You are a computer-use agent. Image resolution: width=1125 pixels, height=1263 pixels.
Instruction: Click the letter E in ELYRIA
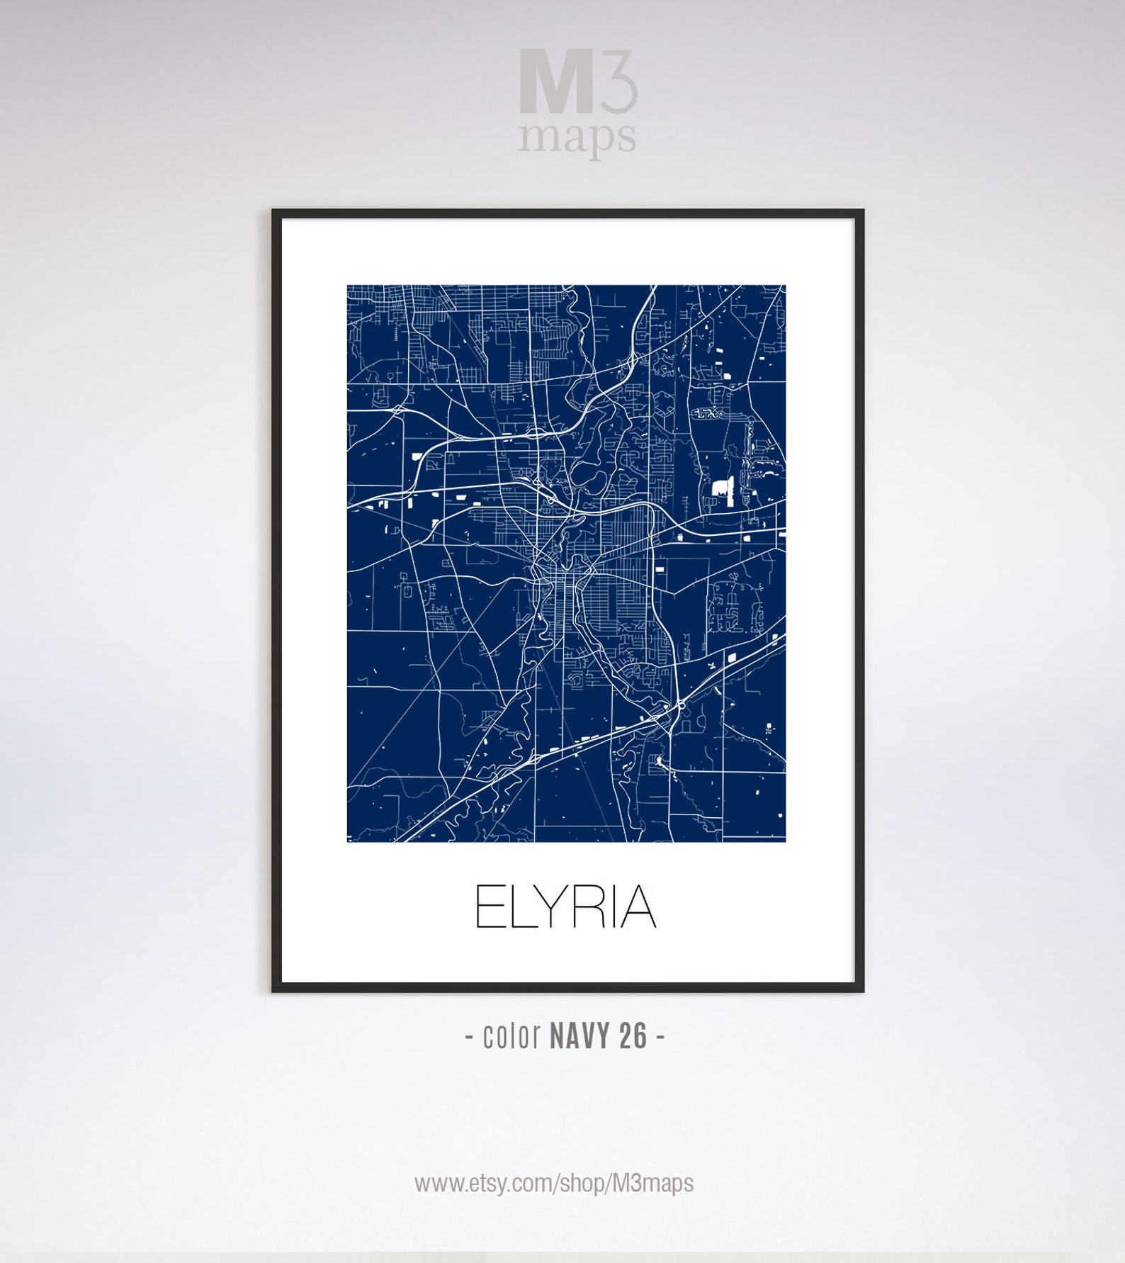(489, 906)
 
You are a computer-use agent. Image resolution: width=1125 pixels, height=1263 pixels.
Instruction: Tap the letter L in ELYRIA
(521, 906)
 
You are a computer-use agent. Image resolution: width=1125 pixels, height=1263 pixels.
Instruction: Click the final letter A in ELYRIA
(638, 906)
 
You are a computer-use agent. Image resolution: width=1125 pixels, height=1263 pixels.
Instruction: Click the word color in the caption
(511, 1036)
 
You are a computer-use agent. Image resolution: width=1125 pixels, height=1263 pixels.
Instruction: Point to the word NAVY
(580, 1036)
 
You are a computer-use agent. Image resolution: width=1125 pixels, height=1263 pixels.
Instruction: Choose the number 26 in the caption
(633, 1036)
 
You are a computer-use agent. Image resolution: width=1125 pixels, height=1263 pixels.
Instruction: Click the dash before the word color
(470, 1037)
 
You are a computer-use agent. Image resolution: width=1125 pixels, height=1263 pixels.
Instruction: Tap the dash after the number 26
(660, 1037)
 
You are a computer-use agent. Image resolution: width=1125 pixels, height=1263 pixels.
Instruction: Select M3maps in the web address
(653, 1183)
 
